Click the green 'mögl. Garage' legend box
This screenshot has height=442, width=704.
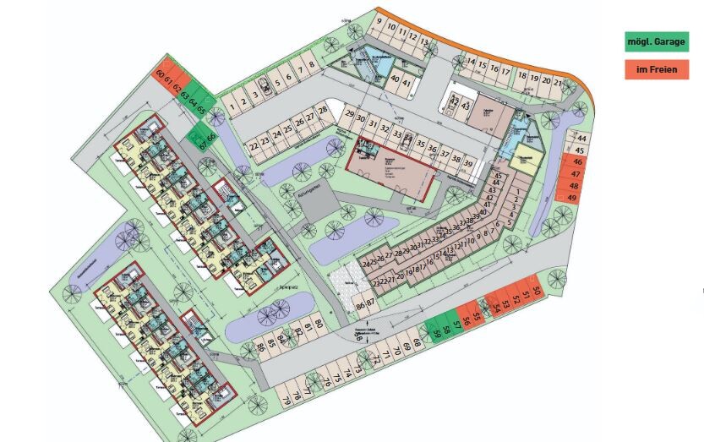tap(657, 41)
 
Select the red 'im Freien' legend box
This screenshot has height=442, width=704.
tap(657, 69)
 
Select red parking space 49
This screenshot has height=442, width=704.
tap(573, 198)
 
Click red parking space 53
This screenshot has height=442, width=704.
tap(505, 303)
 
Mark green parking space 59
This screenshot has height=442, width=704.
tap(436, 333)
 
